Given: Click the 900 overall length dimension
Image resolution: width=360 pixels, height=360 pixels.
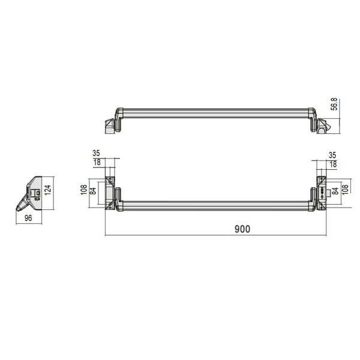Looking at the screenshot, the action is point(242,229).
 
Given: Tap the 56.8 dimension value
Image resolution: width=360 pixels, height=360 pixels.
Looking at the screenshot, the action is point(334,104).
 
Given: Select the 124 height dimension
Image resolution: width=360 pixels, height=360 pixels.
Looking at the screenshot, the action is point(48,190).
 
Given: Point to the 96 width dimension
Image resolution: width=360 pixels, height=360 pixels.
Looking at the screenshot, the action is point(28,218).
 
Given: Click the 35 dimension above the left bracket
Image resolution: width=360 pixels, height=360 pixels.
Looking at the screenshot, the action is point(96,153).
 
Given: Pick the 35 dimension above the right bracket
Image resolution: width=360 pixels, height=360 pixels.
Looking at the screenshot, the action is point(332,155).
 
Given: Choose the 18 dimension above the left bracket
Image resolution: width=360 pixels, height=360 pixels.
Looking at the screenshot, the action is point(97,163).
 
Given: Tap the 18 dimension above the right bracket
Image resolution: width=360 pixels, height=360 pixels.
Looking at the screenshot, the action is point(333,164).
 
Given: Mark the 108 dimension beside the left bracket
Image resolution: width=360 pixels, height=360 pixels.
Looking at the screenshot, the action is point(84,190).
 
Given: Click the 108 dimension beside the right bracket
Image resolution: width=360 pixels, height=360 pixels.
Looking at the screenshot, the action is point(345,190).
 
